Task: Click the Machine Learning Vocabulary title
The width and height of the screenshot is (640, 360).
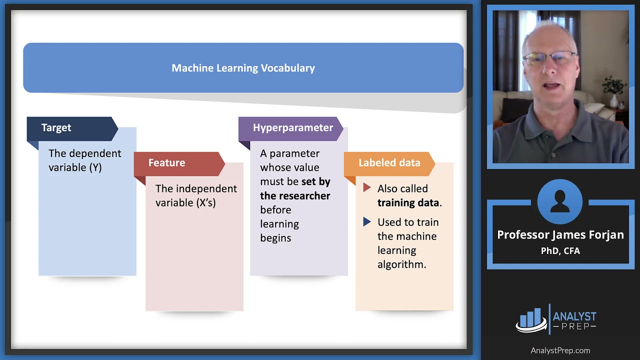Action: click(x=243, y=68)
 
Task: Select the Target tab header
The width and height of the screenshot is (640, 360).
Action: click(x=56, y=127)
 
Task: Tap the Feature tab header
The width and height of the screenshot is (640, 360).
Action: click(x=166, y=163)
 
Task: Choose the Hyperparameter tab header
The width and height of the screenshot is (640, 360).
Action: click(x=292, y=127)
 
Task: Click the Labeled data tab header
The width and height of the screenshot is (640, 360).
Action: click(x=389, y=163)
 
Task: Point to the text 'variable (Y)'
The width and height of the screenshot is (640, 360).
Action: click(x=75, y=167)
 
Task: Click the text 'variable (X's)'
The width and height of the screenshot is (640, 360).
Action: click(x=185, y=202)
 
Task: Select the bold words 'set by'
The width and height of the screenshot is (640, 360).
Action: click(x=315, y=181)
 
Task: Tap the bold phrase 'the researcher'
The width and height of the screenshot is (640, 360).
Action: click(x=295, y=195)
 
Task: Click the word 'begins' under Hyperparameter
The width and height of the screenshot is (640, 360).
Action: click(x=275, y=238)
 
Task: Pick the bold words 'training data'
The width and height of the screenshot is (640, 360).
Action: click(x=408, y=202)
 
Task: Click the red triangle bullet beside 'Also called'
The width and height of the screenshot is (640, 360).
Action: click(x=367, y=188)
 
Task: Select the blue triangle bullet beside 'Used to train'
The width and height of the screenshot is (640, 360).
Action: click(x=367, y=221)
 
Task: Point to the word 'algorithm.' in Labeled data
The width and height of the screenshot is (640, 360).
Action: click(x=401, y=264)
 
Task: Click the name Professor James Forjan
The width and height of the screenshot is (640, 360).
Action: click(x=560, y=235)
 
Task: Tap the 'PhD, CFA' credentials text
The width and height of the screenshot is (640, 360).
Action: click(x=560, y=251)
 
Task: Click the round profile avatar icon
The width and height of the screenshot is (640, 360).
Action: click(x=560, y=201)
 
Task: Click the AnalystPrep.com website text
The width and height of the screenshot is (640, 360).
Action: click(x=560, y=350)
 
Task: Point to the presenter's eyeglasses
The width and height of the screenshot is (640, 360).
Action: click(x=548, y=58)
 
